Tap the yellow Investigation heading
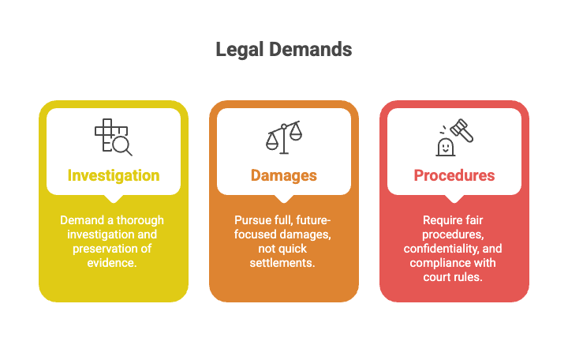(114, 175)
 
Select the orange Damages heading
(284, 175)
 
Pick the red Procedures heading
(454, 175)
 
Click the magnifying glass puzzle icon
(114, 137)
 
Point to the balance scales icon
(284, 137)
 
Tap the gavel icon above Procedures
(454, 137)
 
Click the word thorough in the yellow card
(139, 219)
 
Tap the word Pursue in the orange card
(254, 219)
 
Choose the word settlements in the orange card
(284, 262)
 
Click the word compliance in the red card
(439, 262)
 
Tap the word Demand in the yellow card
(80, 219)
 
